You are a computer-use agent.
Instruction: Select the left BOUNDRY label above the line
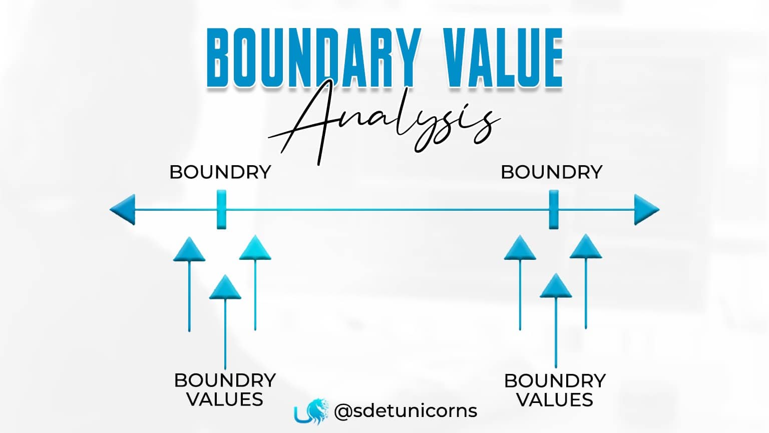pos(220,172)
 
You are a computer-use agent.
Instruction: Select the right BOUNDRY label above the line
pos(551,172)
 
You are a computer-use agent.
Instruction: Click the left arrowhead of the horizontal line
pos(123,209)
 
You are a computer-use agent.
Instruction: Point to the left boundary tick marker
pos(221,209)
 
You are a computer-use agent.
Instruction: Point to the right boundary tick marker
pos(553,209)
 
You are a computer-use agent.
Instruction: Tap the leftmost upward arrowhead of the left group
pos(189,249)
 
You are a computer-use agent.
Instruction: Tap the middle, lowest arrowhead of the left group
pos(225,288)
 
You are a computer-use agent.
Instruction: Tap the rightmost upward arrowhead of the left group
pos(255,248)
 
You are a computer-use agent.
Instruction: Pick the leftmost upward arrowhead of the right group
pos(520,248)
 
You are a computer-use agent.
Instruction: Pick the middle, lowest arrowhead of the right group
pos(556,286)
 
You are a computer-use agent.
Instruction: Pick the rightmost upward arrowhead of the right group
pos(586,247)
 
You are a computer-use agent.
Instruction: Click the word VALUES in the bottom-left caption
pos(225,399)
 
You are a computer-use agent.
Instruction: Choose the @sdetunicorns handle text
pos(406,411)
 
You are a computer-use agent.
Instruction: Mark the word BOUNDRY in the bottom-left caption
pos(225,380)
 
